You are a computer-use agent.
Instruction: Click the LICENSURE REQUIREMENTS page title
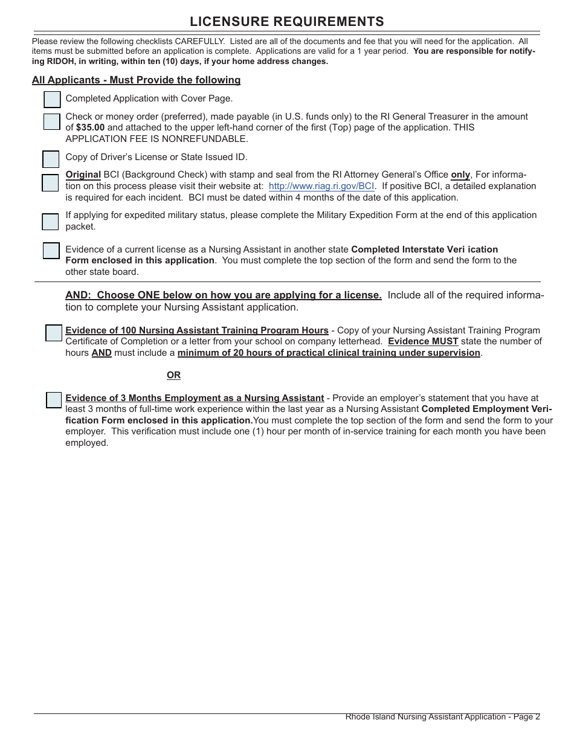pyautogui.click(x=286, y=22)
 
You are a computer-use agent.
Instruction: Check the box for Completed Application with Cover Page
pyautogui.click(x=53, y=100)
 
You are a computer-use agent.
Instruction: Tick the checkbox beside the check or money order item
pyautogui.click(x=52, y=121)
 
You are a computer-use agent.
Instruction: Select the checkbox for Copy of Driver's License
pyautogui.click(x=51, y=159)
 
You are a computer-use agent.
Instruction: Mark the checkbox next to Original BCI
pyautogui.click(x=51, y=183)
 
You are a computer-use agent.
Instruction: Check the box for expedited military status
pyautogui.click(x=51, y=222)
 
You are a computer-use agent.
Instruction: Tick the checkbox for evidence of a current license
pyautogui.click(x=51, y=251)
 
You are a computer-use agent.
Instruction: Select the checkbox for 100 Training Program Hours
pyautogui.click(x=54, y=333)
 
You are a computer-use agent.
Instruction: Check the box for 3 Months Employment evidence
pyautogui.click(x=54, y=400)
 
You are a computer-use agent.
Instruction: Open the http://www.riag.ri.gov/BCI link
pyautogui.click(x=321, y=186)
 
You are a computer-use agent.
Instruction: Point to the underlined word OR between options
pyautogui.click(x=173, y=375)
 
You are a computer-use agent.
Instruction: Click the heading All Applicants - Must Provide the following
pyautogui.click(x=136, y=80)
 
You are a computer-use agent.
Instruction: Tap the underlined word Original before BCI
pyautogui.click(x=83, y=175)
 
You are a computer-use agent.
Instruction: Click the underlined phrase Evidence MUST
pyautogui.click(x=423, y=341)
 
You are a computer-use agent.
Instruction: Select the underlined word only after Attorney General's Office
pyautogui.click(x=460, y=175)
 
